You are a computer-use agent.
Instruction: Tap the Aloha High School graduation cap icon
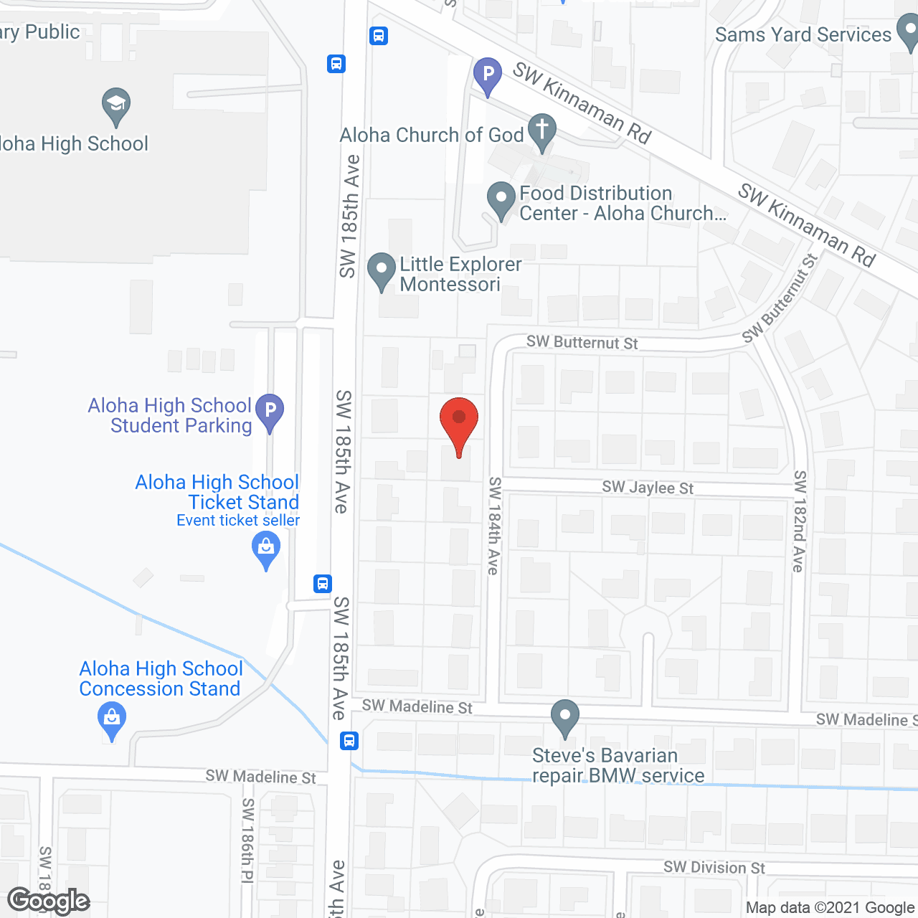click(x=115, y=105)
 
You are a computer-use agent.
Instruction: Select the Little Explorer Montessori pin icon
click(x=381, y=270)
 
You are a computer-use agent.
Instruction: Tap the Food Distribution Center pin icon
click(x=501, y=199)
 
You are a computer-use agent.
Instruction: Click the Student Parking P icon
click(x=270, y=412)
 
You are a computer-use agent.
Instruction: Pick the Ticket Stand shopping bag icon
click(x=266, y=550)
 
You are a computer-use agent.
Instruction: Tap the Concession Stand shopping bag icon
click(x=111, y=719)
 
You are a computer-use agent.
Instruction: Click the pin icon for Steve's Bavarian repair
click(x=565, y=716)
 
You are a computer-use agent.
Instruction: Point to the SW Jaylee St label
click(x=648, y=488)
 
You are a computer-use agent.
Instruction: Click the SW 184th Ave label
click(x=494, y=526)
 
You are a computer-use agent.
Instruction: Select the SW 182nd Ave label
click(x=800, y=521)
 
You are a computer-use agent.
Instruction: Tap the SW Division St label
click(x=714, y=867)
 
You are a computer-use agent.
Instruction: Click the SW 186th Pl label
click(x=247, y=841)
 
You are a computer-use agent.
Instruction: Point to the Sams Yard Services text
click(x=803, y=34)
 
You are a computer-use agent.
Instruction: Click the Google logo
click(x=49, y=902)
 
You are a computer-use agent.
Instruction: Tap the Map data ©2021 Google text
click(x=831, y=908)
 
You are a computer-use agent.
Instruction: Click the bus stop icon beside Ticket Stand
click(x=323, y=583)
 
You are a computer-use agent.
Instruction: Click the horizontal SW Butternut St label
click(x=582, y=342)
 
